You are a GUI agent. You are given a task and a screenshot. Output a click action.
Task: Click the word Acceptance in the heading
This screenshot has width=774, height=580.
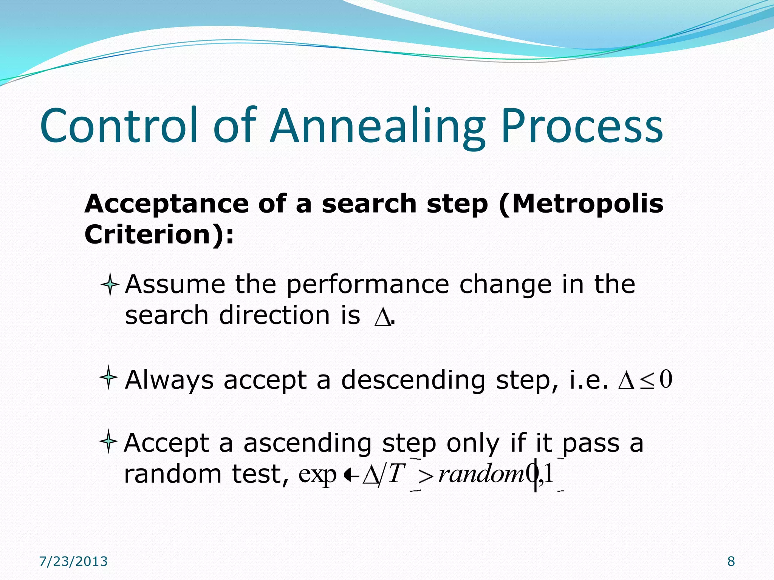tap(166, 204)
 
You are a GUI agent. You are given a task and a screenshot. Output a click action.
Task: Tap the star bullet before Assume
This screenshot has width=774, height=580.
tap(110, 284)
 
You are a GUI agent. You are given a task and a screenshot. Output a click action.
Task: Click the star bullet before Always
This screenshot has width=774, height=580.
tap(108, 377)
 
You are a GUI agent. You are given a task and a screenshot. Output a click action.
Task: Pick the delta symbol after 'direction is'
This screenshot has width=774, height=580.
tap(382, 317)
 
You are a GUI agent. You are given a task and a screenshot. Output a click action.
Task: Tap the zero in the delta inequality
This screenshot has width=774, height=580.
tap(666, 379)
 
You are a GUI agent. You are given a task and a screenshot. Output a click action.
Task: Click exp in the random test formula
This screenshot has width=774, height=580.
tap(317, 474)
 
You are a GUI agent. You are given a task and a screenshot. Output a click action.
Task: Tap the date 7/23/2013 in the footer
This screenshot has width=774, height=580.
tap(73, 561)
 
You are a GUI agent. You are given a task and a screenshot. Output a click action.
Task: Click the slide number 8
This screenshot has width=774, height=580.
tap(731, 561)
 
